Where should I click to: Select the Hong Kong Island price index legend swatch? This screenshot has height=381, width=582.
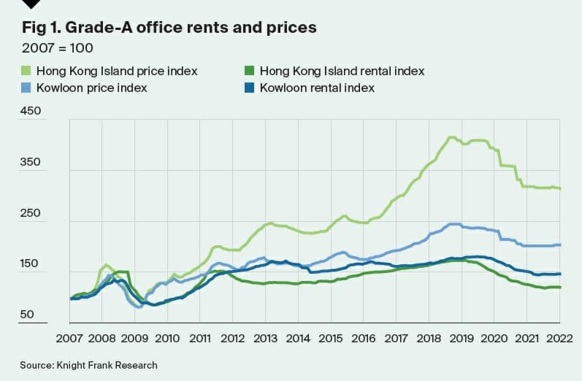click(25, 72)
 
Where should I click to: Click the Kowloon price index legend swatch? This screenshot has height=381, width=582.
click(25, 88)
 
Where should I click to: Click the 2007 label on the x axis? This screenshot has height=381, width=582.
click(70, 339)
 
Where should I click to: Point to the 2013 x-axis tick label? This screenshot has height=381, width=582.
click(266, 339)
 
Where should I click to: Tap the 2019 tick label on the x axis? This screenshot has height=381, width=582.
click(462, 339)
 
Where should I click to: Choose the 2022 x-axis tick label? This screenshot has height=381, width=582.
click(559, 339)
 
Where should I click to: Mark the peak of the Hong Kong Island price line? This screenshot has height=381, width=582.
click(451, 137)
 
